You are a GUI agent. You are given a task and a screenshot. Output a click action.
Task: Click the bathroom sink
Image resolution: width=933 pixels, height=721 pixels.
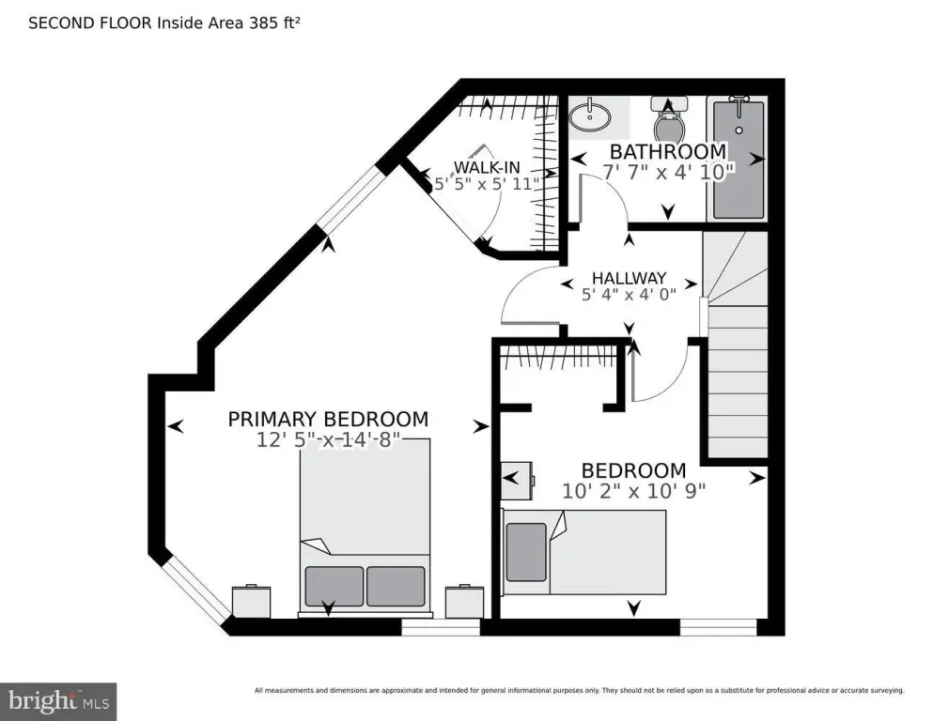[589, 117]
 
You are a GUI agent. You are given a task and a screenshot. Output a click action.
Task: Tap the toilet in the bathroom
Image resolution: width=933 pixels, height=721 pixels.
[668, 122]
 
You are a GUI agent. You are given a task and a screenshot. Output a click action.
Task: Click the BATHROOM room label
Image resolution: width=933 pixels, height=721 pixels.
[667, 151]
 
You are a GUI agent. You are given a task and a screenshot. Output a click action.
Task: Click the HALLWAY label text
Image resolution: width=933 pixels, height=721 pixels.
[629, 278]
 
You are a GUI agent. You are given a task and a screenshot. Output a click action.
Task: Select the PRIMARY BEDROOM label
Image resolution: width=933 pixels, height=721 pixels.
[328, 420]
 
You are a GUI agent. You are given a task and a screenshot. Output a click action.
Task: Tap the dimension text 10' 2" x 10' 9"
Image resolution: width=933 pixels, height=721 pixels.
[633, 490]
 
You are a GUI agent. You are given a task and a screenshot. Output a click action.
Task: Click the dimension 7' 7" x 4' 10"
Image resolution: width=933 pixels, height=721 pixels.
[668, 173]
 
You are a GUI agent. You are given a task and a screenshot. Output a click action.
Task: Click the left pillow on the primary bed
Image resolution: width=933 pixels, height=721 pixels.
[334, 586]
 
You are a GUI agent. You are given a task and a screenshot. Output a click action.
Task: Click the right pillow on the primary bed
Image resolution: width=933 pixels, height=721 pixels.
[396, 586]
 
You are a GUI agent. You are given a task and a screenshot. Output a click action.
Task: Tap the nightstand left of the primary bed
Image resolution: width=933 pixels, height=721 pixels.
[251, 601]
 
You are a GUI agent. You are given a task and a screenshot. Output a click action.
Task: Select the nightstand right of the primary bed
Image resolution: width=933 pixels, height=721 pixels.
[463, 601]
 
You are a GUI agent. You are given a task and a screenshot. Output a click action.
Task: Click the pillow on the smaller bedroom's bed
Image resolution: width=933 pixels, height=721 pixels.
[526, 551]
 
